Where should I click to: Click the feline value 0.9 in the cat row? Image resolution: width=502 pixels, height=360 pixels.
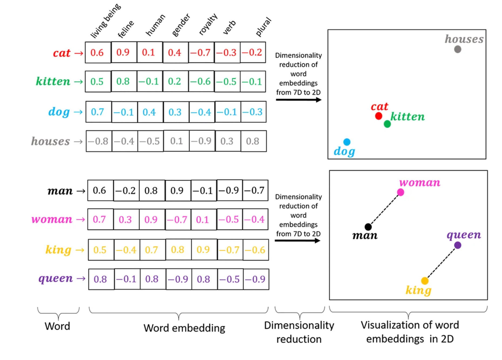tap(123, 52)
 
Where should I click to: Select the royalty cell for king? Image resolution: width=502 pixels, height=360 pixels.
tap(203, 250)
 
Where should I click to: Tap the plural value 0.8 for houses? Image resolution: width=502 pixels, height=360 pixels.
tap(253, 141)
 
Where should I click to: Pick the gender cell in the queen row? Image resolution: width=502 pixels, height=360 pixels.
tap(178, 279)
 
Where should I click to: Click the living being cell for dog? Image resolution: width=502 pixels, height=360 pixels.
tap(97, 112)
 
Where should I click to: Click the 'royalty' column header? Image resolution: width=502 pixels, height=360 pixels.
tap(208, 24)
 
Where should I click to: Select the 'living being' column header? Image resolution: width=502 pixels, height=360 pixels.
tap(105, 21)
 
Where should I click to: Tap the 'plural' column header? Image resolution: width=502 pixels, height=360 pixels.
tap(263, 27)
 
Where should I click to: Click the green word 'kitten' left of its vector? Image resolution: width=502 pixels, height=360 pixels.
tap(53, 81)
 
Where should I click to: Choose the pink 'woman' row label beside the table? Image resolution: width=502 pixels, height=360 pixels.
tap(52, 219)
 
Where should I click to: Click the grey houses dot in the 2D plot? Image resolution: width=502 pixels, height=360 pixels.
tap(457, 49)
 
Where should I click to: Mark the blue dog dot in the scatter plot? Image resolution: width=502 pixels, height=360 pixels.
tap(347, 142)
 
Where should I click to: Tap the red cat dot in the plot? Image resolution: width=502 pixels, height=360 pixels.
tap(379, 116)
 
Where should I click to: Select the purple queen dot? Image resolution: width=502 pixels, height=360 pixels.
tap(457, 245)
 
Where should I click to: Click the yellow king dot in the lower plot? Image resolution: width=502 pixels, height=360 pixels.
tap(425, 281)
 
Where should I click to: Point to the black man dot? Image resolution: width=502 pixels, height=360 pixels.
tap(368, 227)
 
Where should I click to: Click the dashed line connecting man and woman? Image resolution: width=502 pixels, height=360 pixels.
tap(384, 210)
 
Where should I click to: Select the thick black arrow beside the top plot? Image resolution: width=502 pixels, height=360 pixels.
tap(298, 100)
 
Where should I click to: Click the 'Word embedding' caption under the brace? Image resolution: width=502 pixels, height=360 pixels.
tap(184, 328)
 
